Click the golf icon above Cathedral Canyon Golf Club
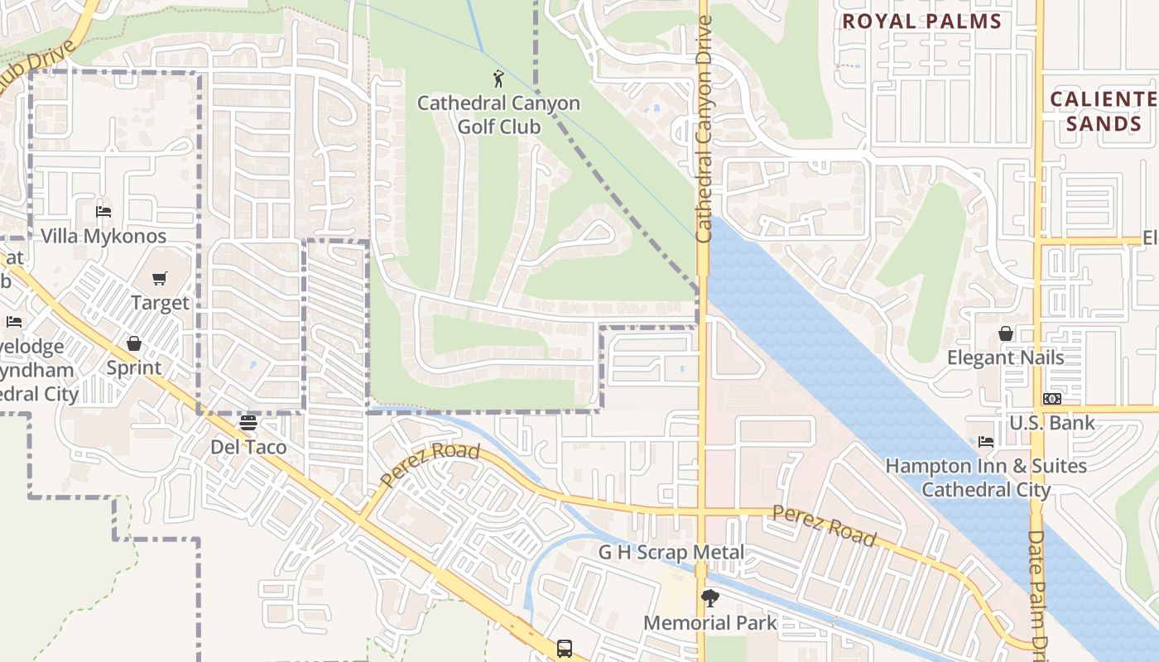498,79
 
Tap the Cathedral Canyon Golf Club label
498,115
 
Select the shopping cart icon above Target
160,279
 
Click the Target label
160,303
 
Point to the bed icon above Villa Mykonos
103,212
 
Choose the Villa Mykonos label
103,236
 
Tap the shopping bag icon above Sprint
134,343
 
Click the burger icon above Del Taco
248,423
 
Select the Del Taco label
248,447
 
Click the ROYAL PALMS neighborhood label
921,22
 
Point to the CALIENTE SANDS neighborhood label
1103,112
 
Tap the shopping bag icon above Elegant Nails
1005,333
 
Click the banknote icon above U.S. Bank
1051,399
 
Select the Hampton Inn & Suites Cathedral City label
986,477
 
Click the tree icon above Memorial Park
709,598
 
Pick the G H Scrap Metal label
671,552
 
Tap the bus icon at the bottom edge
565,648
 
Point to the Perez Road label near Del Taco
430,465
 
